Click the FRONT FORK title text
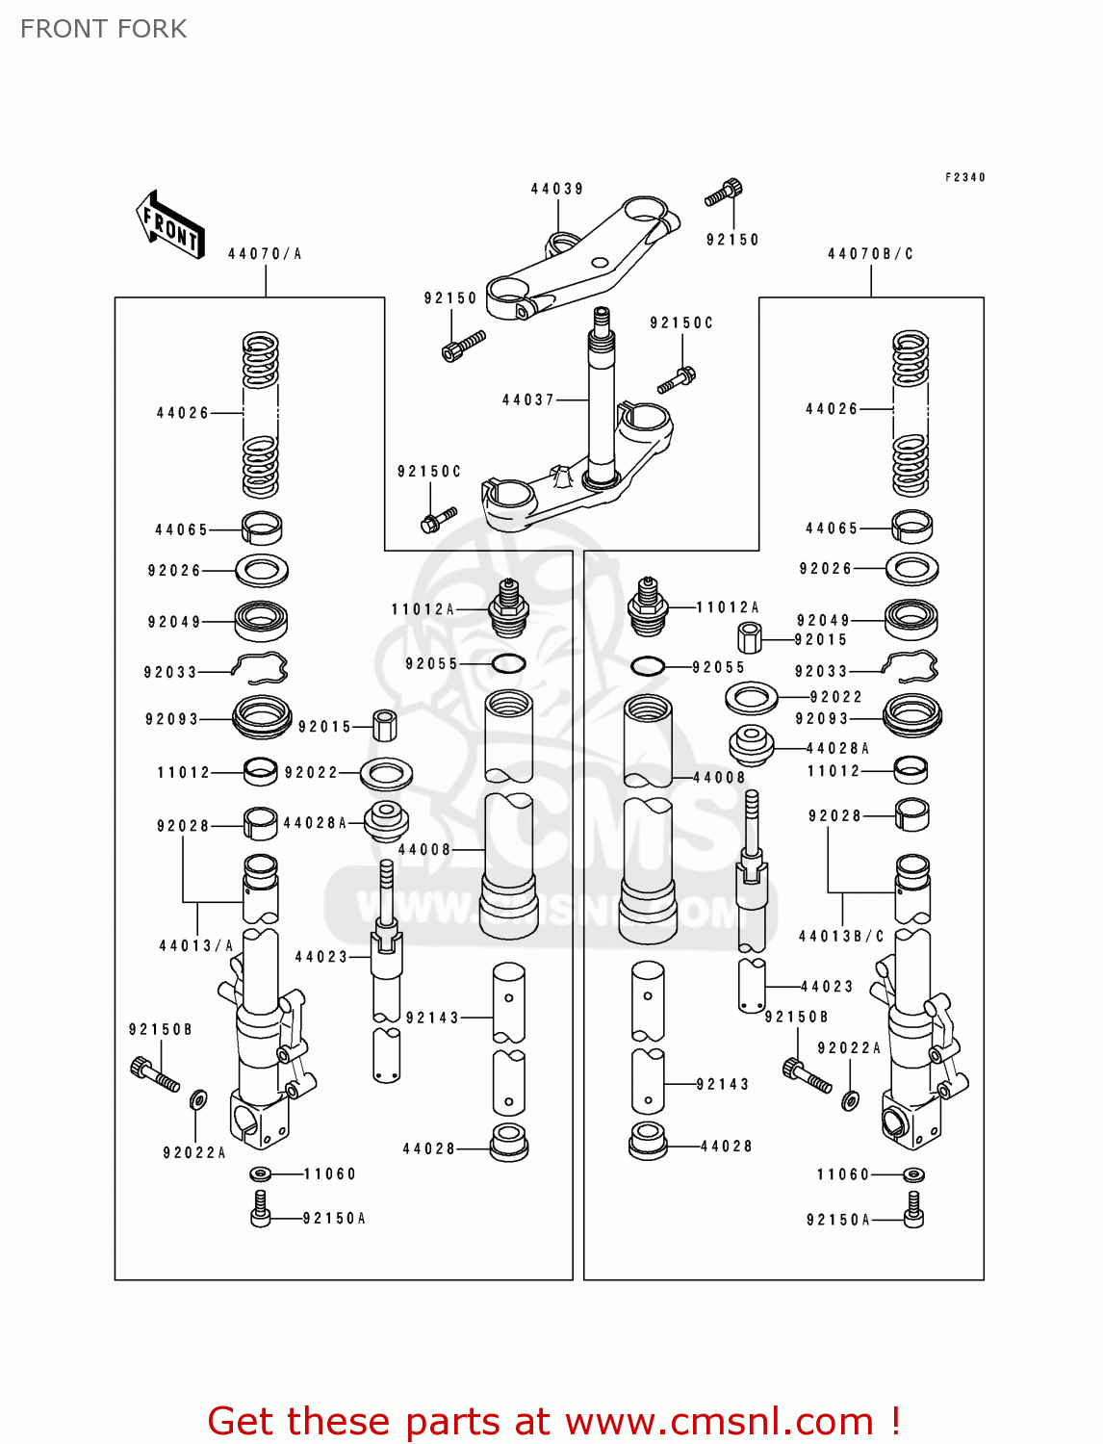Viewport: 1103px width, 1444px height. (103, 29)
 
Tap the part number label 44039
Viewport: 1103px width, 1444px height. (557, 189)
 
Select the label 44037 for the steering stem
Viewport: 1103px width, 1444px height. (528, 400)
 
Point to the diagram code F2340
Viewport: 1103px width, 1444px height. (964, 177)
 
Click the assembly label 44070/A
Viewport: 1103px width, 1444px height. (265, 254)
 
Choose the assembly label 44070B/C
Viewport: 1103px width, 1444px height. (870, 254)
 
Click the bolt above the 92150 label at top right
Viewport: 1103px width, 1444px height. (724, 193)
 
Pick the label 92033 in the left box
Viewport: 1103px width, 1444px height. (170, 672)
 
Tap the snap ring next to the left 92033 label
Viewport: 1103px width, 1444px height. (261, 665)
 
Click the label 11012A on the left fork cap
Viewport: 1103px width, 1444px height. (423, 609)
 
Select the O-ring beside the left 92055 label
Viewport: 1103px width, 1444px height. (508, 663)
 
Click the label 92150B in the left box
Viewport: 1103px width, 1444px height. (160, 1030)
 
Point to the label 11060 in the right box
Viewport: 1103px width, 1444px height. (842, 1174)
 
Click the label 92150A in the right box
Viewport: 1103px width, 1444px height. (837, 1220)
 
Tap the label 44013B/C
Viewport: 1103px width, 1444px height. (841, 936)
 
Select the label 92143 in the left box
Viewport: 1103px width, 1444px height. (432, 1018)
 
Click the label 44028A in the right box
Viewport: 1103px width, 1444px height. (837, 748)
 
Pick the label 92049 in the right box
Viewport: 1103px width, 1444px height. (823, 621)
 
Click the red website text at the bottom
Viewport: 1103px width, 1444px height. (553, 1421)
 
